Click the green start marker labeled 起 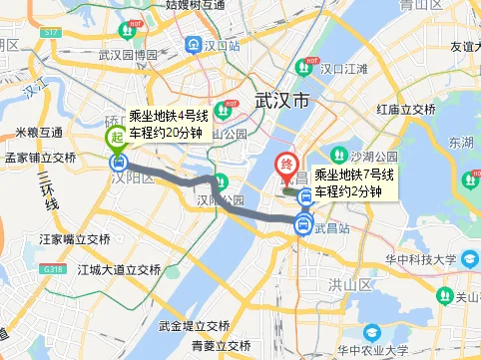click(117, 138)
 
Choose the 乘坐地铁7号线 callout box click(354, 183)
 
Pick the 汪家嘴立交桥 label click(74, 239)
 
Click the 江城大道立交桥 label click(118, 269)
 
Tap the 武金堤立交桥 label click(194, 326)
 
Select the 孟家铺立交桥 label click(40, 158)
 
